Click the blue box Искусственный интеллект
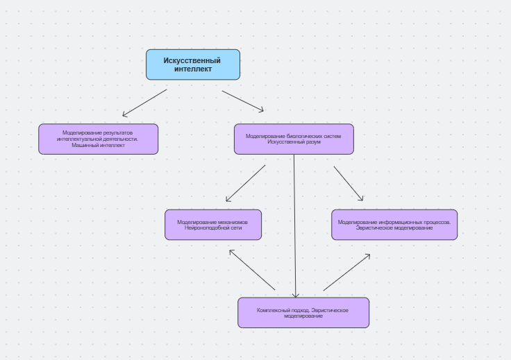coord(192,65)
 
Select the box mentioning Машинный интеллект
coord(98,139)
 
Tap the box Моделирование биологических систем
coord(293,139)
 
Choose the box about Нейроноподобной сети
coord(212,225)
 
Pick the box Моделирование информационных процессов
coord(394,225)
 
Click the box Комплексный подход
coord(303,313)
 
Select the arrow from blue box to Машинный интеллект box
coord(144,103)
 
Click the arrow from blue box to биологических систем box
coord(243,101)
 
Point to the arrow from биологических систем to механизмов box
coord(245,183)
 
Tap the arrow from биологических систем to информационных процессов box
coord(348,183)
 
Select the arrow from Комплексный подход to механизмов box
coord(252,270)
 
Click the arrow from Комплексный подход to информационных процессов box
coord(346,272)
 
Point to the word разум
coord(313,142)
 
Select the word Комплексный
coord(273,309)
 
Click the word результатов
coord(118,132)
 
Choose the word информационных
coord(399,222)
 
